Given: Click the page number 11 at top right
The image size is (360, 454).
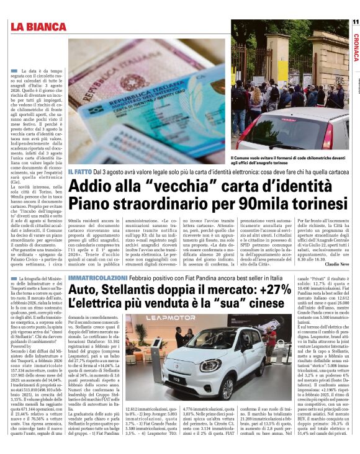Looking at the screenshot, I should pyautogui.click(x=355, y=22).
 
